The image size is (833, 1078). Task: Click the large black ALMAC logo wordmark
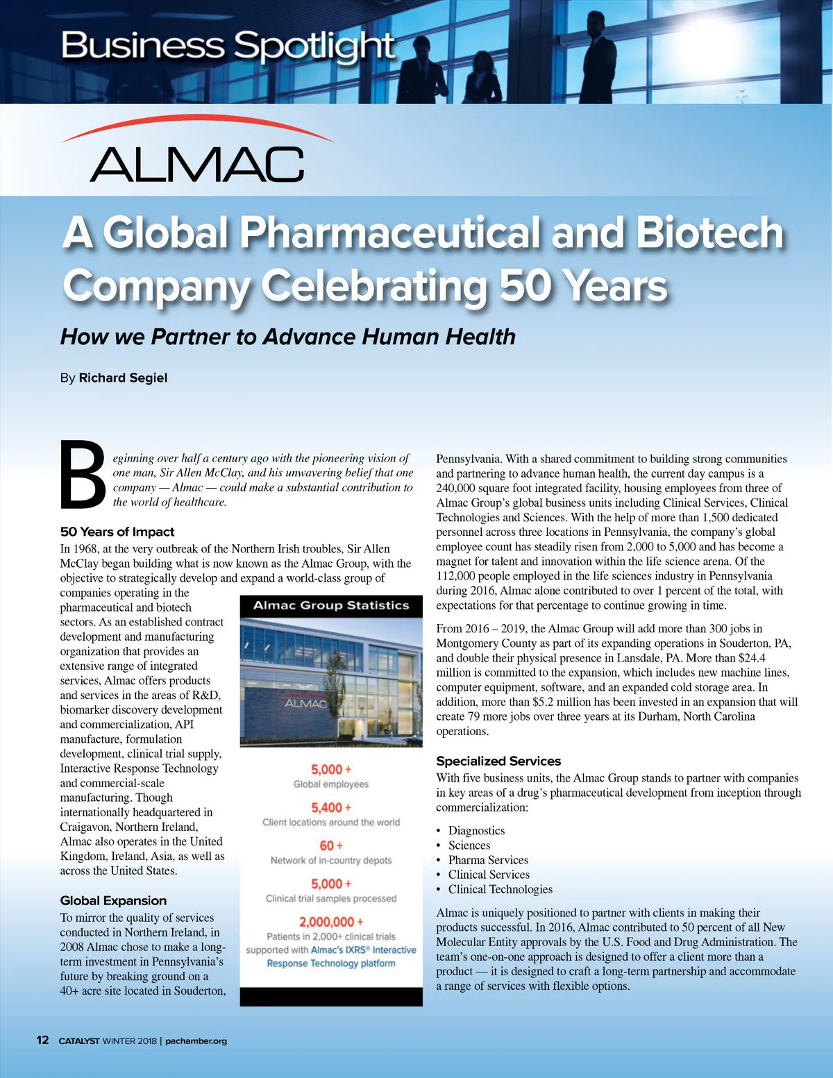pyautogui.click(x=197, y=165)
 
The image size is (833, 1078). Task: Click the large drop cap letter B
pyautogui.click(x=83, y=475)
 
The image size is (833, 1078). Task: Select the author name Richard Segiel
pyautogui.click(x=123, y=378)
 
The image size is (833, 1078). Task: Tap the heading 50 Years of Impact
pyautogui.click(x=117, y=532)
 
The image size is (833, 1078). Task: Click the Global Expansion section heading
pyautogui.click(x=113, y=900)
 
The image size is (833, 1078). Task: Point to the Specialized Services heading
pyautogui.click(x=498, y=761)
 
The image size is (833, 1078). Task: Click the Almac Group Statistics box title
pyautogui.click(x=331, y=605)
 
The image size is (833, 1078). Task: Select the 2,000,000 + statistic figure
pyautogui.click(x=331, y=922)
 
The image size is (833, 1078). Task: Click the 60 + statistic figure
pyautogui.click(x=331, y=845)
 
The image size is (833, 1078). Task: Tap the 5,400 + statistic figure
pyautogui.click(x=331, y=807)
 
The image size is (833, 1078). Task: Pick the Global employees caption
pyautogui.click(x=331, y=784)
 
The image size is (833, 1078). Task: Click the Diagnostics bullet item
pyautogui.click(x=476, y=830)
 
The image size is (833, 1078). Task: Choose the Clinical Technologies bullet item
pyautogui.click(x=500, y=889)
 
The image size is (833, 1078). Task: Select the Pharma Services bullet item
pyautogui.click(x=488, y=860)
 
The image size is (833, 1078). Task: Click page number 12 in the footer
pyautogui.click(x=42, y=1040)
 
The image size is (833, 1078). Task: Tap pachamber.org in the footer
pyautogui.click(x=196, y=1041)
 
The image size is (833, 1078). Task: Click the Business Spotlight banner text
pyautogui.click(x=228, y=47)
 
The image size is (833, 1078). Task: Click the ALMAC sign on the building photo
pyautogui.click(x=305, y=703)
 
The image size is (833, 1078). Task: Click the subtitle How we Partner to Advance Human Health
pyautogui.click(x=287, y=337)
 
